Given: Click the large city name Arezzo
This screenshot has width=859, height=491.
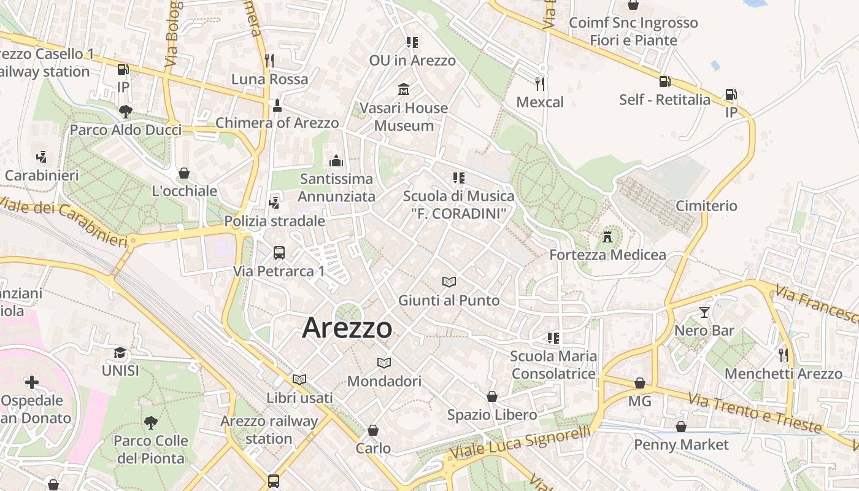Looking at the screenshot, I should (347, 328).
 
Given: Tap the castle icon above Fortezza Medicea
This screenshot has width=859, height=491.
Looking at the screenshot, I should (607, 236).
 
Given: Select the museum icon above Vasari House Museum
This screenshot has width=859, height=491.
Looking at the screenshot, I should (404, 90).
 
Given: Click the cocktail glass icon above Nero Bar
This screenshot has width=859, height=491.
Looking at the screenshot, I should (704, 312).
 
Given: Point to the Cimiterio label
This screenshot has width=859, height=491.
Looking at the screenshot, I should (706, 206).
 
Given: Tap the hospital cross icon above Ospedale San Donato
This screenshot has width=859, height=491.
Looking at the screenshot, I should (32, 383).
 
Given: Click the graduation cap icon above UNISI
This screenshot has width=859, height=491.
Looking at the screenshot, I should (120, 353).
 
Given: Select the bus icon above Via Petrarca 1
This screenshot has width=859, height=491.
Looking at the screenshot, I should (279, 252).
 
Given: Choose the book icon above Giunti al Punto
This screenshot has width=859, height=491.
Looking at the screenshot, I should (449, 282).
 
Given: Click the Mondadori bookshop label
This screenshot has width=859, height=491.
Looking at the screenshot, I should (384, 381).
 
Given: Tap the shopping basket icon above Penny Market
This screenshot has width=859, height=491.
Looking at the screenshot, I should (681, 427).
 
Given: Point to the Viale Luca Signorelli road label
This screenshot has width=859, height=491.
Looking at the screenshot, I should (520, 442).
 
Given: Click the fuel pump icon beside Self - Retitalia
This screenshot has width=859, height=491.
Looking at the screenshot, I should (664, 82).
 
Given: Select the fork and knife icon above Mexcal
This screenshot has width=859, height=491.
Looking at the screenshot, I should (540, 83).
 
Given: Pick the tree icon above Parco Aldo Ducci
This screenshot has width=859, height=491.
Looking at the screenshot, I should (126, 112).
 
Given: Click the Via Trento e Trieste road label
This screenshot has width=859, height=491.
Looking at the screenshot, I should (754, 412).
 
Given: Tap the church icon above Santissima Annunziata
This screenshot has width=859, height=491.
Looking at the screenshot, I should (336, 161).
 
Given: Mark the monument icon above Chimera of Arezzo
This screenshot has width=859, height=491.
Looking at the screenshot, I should (277, 105).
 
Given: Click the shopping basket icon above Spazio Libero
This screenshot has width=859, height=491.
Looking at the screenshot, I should (492, 397).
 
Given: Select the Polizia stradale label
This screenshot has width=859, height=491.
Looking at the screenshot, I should (275, 221).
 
